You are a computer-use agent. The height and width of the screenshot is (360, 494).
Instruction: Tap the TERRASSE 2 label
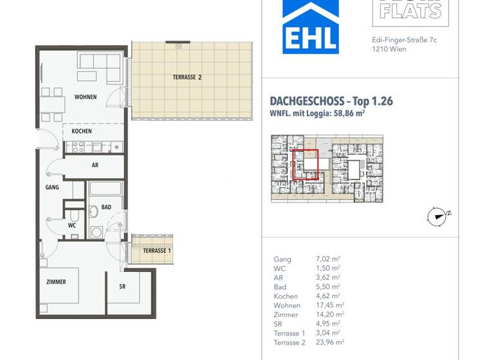point(187,77)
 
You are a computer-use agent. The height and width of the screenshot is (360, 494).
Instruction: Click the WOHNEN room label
point(86,97)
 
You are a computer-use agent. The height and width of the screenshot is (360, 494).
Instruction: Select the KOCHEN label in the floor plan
point(82,131)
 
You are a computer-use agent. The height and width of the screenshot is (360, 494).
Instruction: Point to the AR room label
point(95,165)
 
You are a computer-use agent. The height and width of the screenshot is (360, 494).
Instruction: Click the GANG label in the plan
point(52,188)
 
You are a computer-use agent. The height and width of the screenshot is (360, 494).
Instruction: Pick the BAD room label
point(106,208)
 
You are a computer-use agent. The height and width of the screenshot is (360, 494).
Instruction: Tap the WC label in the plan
point(72,226)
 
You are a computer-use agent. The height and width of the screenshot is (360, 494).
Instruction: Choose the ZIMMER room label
point(56,282)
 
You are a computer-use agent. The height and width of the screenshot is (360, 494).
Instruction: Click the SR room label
point(122,287)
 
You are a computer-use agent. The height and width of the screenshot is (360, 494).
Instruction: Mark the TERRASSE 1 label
point(157,251)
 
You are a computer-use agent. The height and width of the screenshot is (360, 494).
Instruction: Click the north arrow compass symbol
point(437,217)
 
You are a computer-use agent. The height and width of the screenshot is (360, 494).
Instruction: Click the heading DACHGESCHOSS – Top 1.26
point(331,101)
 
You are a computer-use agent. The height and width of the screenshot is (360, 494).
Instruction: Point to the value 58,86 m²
point(351,114)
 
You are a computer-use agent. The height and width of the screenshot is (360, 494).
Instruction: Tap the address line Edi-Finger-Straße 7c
point(405,40)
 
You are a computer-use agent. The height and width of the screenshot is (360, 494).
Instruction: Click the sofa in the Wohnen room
point(100,67)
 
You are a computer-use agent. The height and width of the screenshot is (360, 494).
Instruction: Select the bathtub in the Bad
point(105,188)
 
